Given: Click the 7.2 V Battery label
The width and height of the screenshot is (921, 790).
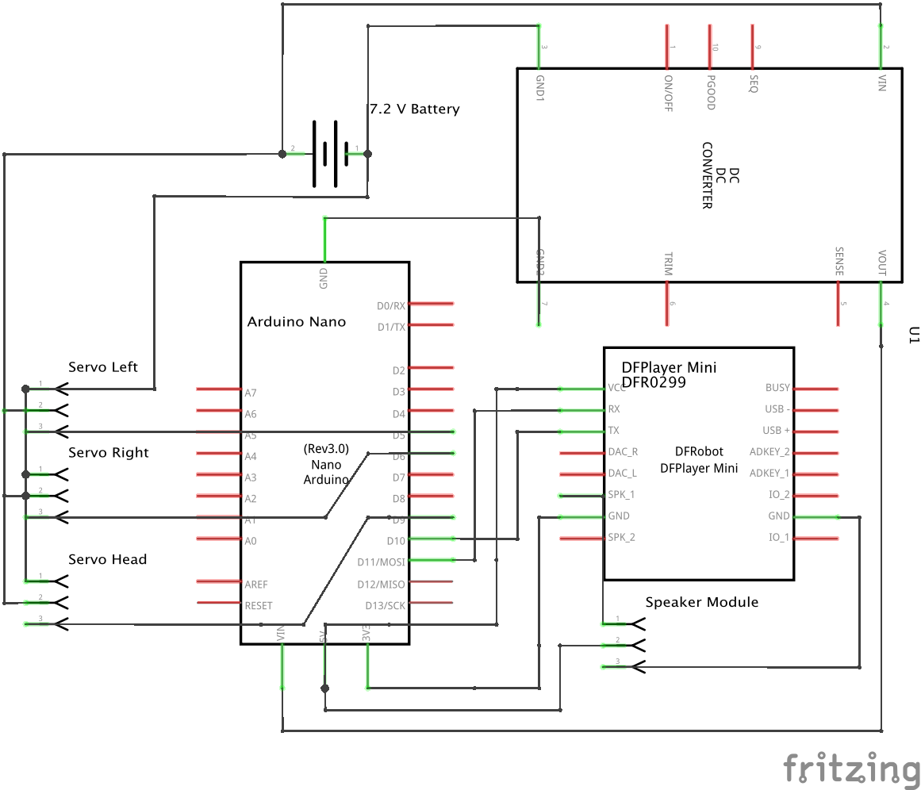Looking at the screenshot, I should pos(414,109).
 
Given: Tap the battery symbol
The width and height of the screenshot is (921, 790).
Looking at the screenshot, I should pos(325,154).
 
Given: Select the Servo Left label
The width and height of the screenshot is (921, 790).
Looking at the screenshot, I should pos(103,367).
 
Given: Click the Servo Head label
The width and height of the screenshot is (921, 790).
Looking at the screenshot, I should pos(108,560).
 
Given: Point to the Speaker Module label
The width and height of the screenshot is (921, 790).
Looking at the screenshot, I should pos(701,602).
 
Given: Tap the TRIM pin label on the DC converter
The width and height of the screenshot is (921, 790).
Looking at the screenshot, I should pos(667,264).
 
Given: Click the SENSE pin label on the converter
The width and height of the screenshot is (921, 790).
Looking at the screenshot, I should pos(838,262).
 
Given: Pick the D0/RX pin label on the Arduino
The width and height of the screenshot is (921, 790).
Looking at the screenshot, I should pos(390,305).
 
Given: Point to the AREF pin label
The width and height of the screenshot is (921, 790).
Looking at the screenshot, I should pos(256,585).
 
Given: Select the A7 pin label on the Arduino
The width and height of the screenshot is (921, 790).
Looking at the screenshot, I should pos(251,392).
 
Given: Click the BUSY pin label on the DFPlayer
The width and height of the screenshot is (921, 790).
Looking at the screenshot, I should pos(777,388).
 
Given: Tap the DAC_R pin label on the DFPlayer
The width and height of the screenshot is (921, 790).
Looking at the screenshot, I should pos(622,452).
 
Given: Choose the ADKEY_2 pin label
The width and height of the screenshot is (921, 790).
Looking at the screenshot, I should pos(769,452).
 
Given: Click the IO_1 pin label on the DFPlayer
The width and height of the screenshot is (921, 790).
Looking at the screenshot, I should pos(778,538).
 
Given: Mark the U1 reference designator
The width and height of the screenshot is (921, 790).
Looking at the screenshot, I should pos(912,336).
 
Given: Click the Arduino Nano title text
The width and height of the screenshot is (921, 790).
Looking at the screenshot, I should pos(297,322).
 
